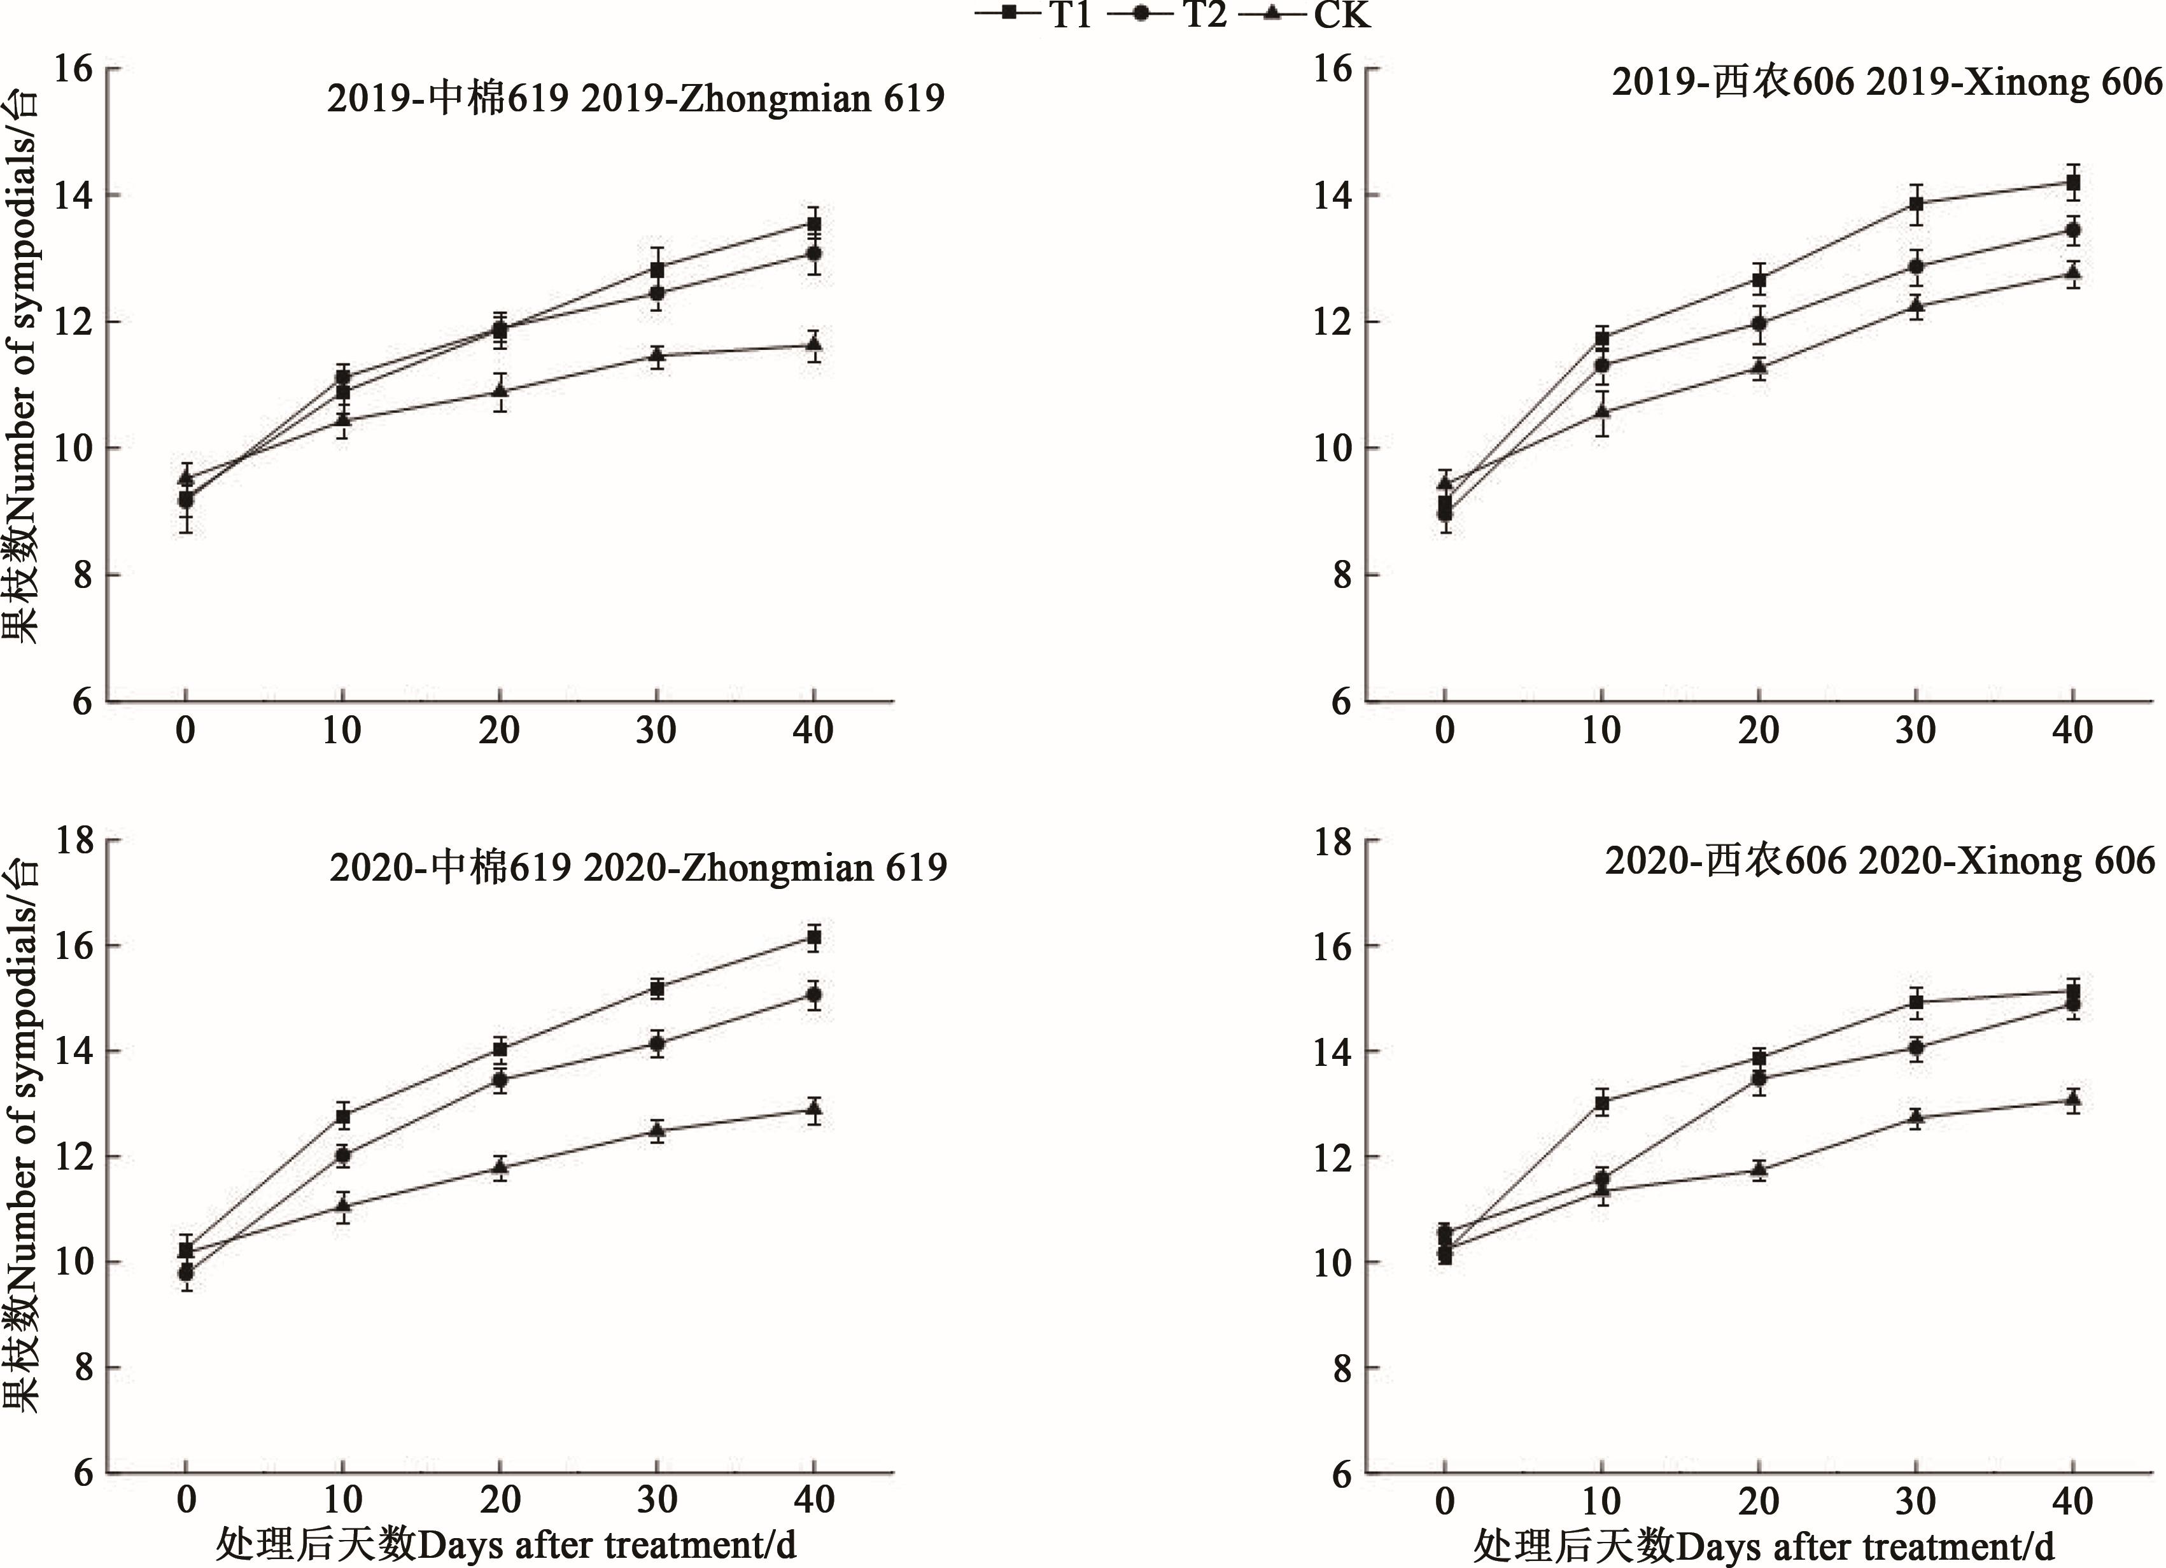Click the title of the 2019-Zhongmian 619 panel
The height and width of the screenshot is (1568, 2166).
[635, 99]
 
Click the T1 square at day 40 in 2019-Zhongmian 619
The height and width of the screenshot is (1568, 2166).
[813, 225]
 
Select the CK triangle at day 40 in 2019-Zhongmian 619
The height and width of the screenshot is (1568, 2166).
[813, 344]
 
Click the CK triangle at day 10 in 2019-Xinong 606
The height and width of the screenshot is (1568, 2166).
[1601, 410]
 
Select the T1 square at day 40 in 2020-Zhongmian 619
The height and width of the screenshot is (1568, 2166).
[813, 938]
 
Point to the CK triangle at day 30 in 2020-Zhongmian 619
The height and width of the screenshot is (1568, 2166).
[657, 1130]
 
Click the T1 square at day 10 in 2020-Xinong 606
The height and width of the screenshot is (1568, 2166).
[1601, 1103]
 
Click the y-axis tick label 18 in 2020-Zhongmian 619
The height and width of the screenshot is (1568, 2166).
[74, 841]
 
